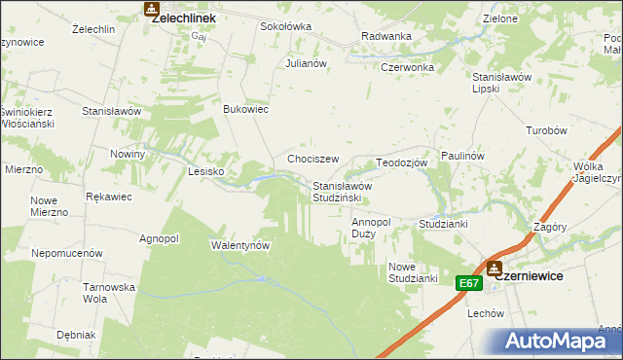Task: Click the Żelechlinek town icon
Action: click(x=151, y=9)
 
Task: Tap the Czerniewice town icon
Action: click(x=495, y=268)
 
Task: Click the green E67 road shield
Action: click(x=469, y=283)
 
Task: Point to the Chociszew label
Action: click(x=312, y=159)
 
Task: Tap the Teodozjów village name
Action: click(x=402, y=163)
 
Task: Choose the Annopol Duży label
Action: click(x=371, y=228)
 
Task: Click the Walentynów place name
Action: click(x=240, y=245)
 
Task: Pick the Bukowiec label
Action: click(x=246, y=110)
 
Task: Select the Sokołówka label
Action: click(x=285, y=27)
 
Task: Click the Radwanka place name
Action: click(x=386, y=36)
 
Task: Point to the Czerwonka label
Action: click(x=407, y=68)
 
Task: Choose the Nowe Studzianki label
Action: click(x=413, y=272)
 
